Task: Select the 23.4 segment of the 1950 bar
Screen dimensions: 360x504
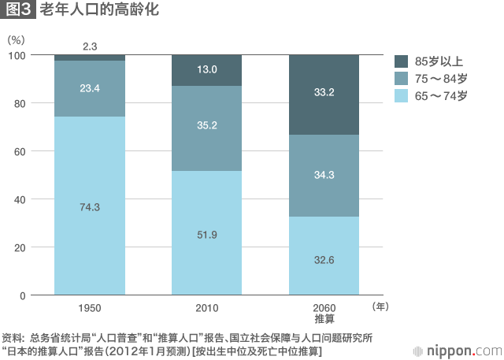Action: tap(90, 88)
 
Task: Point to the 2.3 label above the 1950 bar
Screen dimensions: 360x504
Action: tap(90, 47)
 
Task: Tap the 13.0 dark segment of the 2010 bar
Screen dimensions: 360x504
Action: tap(206, 70)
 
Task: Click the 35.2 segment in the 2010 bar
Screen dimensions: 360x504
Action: tap(206, 124)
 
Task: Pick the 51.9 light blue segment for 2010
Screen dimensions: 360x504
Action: tap(206, 235)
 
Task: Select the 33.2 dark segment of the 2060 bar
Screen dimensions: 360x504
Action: tap(324, 92)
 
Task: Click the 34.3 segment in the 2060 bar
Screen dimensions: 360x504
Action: tap(324, 173)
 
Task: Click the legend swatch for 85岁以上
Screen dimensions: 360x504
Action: tap(400, 61)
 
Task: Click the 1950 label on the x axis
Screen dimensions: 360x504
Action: tap(90, 308)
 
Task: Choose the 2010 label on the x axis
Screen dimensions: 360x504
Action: tap(206, 308)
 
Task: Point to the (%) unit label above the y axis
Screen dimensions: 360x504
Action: tap(17, 39)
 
